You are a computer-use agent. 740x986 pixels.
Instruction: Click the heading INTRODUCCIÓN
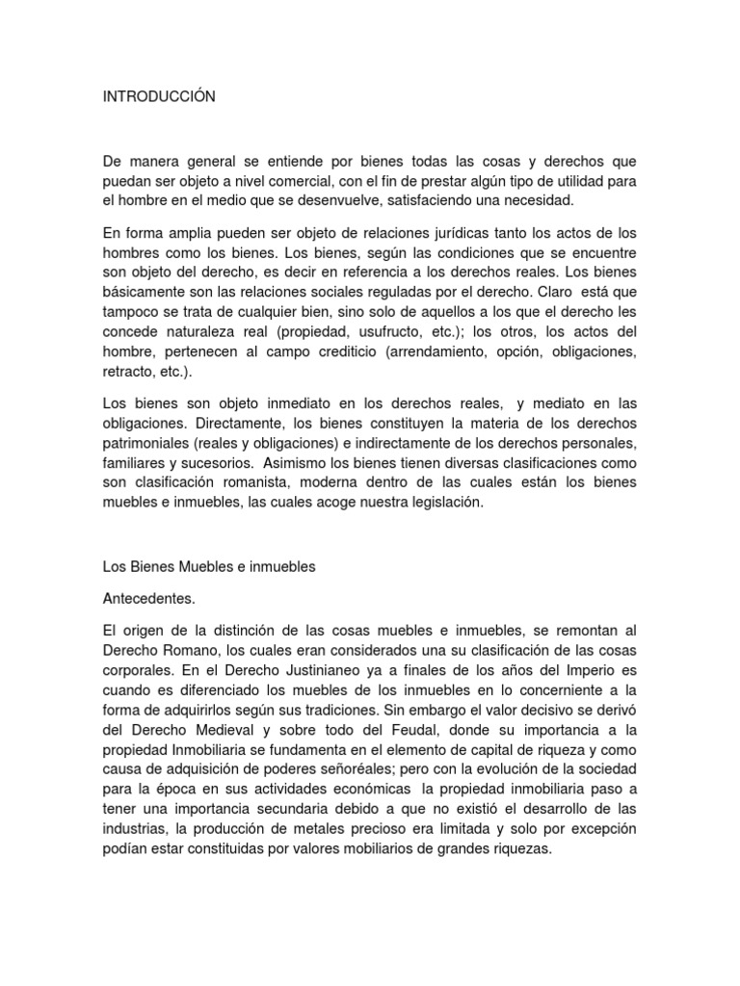click(159, 96)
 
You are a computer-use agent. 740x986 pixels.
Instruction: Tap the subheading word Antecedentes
click(148, 599)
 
